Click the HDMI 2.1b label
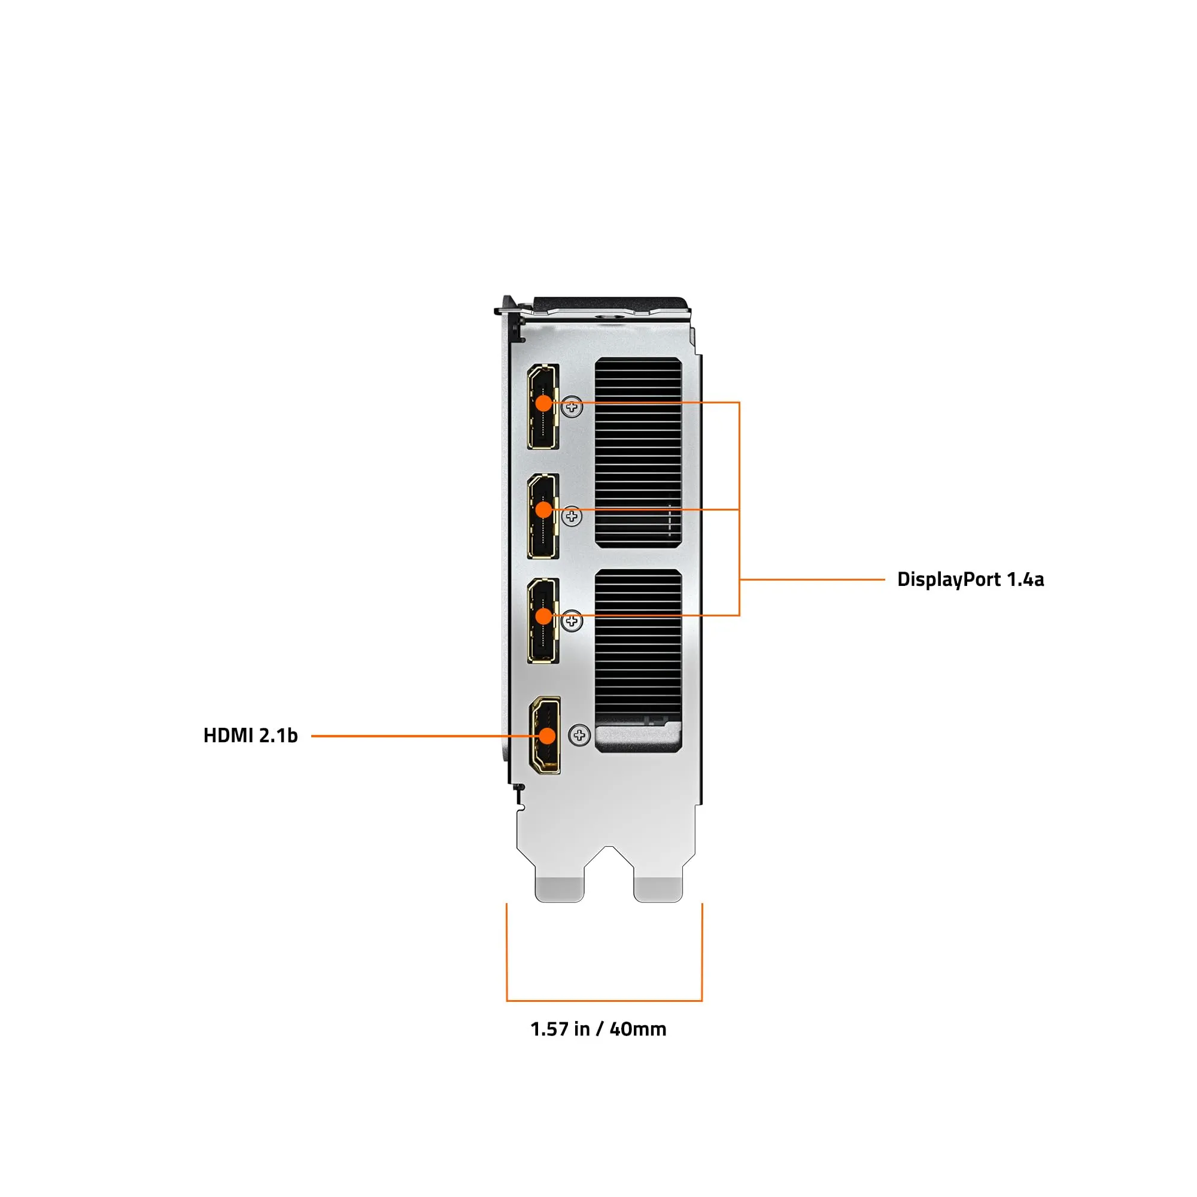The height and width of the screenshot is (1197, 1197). (x=250, y=736)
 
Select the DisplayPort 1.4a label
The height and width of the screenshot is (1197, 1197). (x=970, y=579)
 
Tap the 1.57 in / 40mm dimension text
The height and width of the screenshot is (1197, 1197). (x=598, y=1029)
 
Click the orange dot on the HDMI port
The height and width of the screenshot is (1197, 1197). (x=547, y=736)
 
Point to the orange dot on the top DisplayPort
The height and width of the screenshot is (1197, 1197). (x=543, y=403)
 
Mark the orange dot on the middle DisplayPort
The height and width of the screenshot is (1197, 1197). (x=543, y=510)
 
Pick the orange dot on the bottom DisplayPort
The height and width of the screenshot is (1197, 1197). (x=543, y=616)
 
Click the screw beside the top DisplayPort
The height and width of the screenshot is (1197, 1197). (x=572, y=408)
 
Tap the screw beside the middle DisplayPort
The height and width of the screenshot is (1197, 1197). (x=572, y=516)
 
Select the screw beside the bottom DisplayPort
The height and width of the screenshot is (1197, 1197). (x=572, y=621)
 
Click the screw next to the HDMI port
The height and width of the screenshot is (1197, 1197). (x=579, y=736)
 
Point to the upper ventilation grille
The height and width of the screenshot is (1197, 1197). (x=638, y=452)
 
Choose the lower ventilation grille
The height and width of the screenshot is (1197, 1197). (x=638, y=645)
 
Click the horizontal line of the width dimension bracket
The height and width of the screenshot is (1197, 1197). (x=604, y=1001)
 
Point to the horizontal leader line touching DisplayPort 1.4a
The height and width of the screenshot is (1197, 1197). (x=812, y=580)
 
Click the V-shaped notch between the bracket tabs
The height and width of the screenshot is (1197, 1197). (x=609, y=858)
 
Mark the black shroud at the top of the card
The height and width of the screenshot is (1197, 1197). (x=610, y=304)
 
